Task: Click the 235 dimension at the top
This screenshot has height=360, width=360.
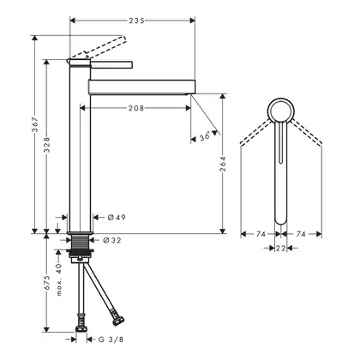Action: tap(136, 21)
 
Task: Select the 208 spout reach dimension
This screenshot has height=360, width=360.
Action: tap(136, 108)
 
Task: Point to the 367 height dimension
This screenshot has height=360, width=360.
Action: tap(35, 125)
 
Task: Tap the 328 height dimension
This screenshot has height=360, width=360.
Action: tap(47, 144)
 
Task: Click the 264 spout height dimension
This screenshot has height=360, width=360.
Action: tap(223, 164)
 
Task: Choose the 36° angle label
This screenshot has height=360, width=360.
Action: tap(205, 136)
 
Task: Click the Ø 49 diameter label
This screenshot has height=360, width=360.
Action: tap(117, 218)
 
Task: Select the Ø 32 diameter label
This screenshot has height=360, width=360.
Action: tap(111, 241)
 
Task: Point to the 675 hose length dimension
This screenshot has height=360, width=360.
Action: tap(47, 283)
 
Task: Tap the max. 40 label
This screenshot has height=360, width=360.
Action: tap(59, 279)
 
